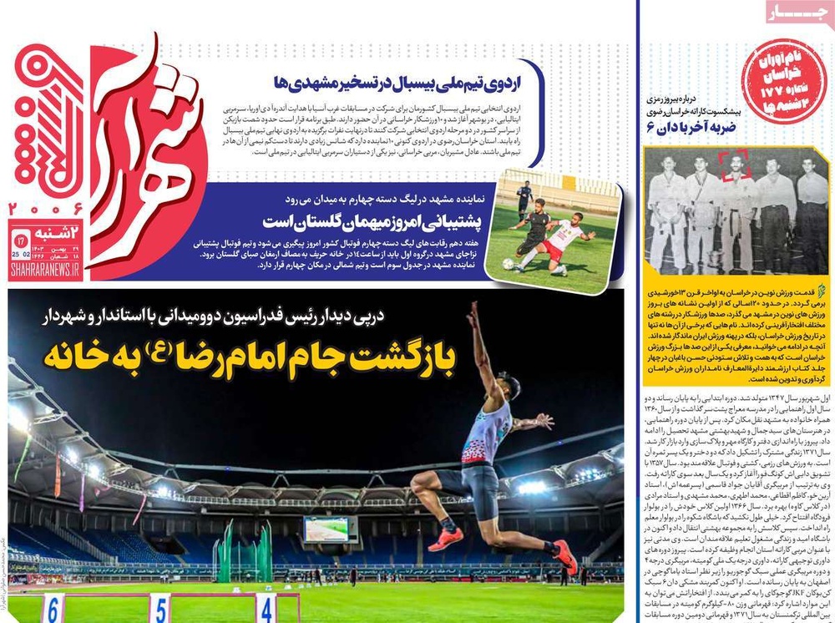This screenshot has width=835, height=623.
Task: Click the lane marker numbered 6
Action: tap(53, 609)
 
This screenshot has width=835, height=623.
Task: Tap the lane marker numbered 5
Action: tap(159, 609)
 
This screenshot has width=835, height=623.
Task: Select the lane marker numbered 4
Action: tap(266, 609)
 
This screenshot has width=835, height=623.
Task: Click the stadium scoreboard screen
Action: tap(331, 529)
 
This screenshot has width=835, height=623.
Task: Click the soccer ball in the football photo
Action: tap(508, 264)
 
